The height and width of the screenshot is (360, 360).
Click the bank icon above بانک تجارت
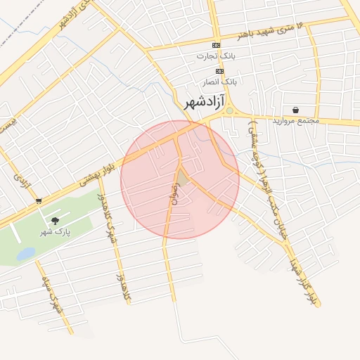(x=216, y=45)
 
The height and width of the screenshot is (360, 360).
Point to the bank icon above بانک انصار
(x=219, y=71)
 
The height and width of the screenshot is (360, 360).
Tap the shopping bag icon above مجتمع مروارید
(x=295, y=110)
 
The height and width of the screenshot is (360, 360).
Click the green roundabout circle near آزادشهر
(x=229, y=111)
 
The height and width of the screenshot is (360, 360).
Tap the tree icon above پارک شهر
(x=55, y=221)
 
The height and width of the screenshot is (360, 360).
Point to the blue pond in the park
(x=26, y=253)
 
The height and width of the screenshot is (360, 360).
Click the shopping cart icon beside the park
(x=38, y=200)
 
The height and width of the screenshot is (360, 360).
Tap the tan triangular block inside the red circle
(x=182, y=179)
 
